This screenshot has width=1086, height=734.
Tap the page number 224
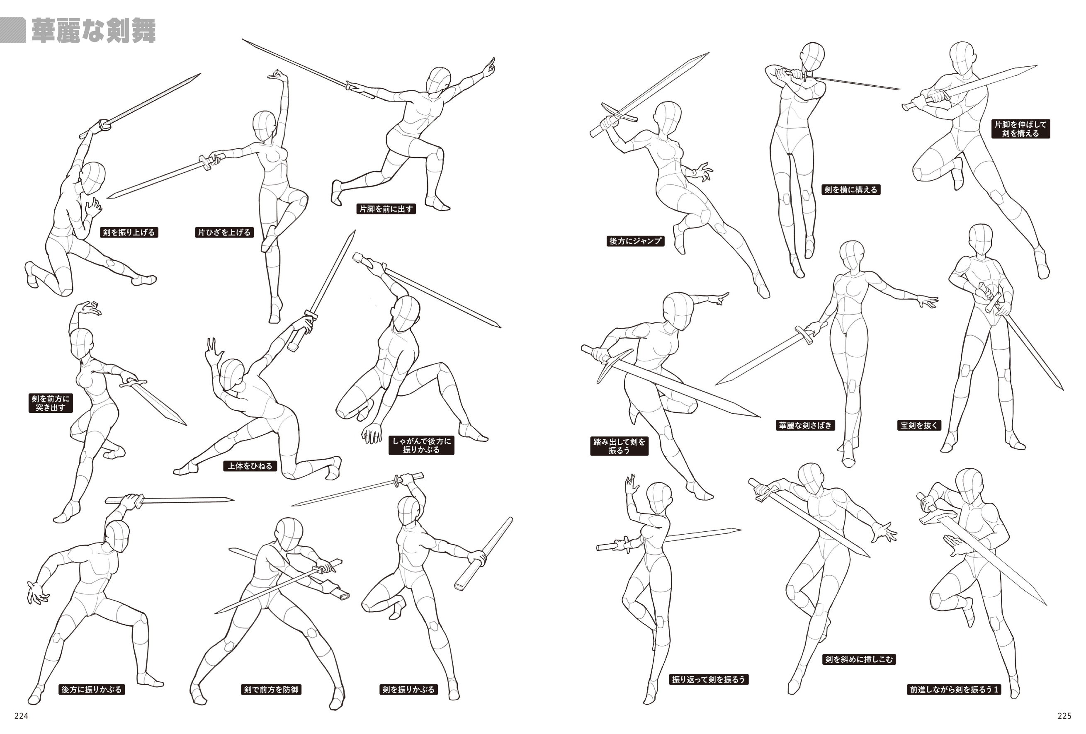22,716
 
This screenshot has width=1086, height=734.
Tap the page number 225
1064,716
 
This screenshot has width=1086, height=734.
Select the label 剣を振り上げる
129,232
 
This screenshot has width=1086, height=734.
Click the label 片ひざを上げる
224,232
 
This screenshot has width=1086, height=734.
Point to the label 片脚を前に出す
386,209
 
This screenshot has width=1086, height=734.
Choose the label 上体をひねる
250,465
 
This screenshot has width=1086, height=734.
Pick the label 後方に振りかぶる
92,689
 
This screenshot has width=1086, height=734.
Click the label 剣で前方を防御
271,689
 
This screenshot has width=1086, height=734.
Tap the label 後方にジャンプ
635,241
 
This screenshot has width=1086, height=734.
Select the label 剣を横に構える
851,189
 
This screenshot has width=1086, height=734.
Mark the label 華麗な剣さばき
805,425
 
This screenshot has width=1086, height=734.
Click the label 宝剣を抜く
919,425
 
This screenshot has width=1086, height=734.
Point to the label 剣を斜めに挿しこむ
859,659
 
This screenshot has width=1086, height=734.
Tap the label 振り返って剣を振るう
708,679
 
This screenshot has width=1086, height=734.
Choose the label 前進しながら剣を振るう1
954,689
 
